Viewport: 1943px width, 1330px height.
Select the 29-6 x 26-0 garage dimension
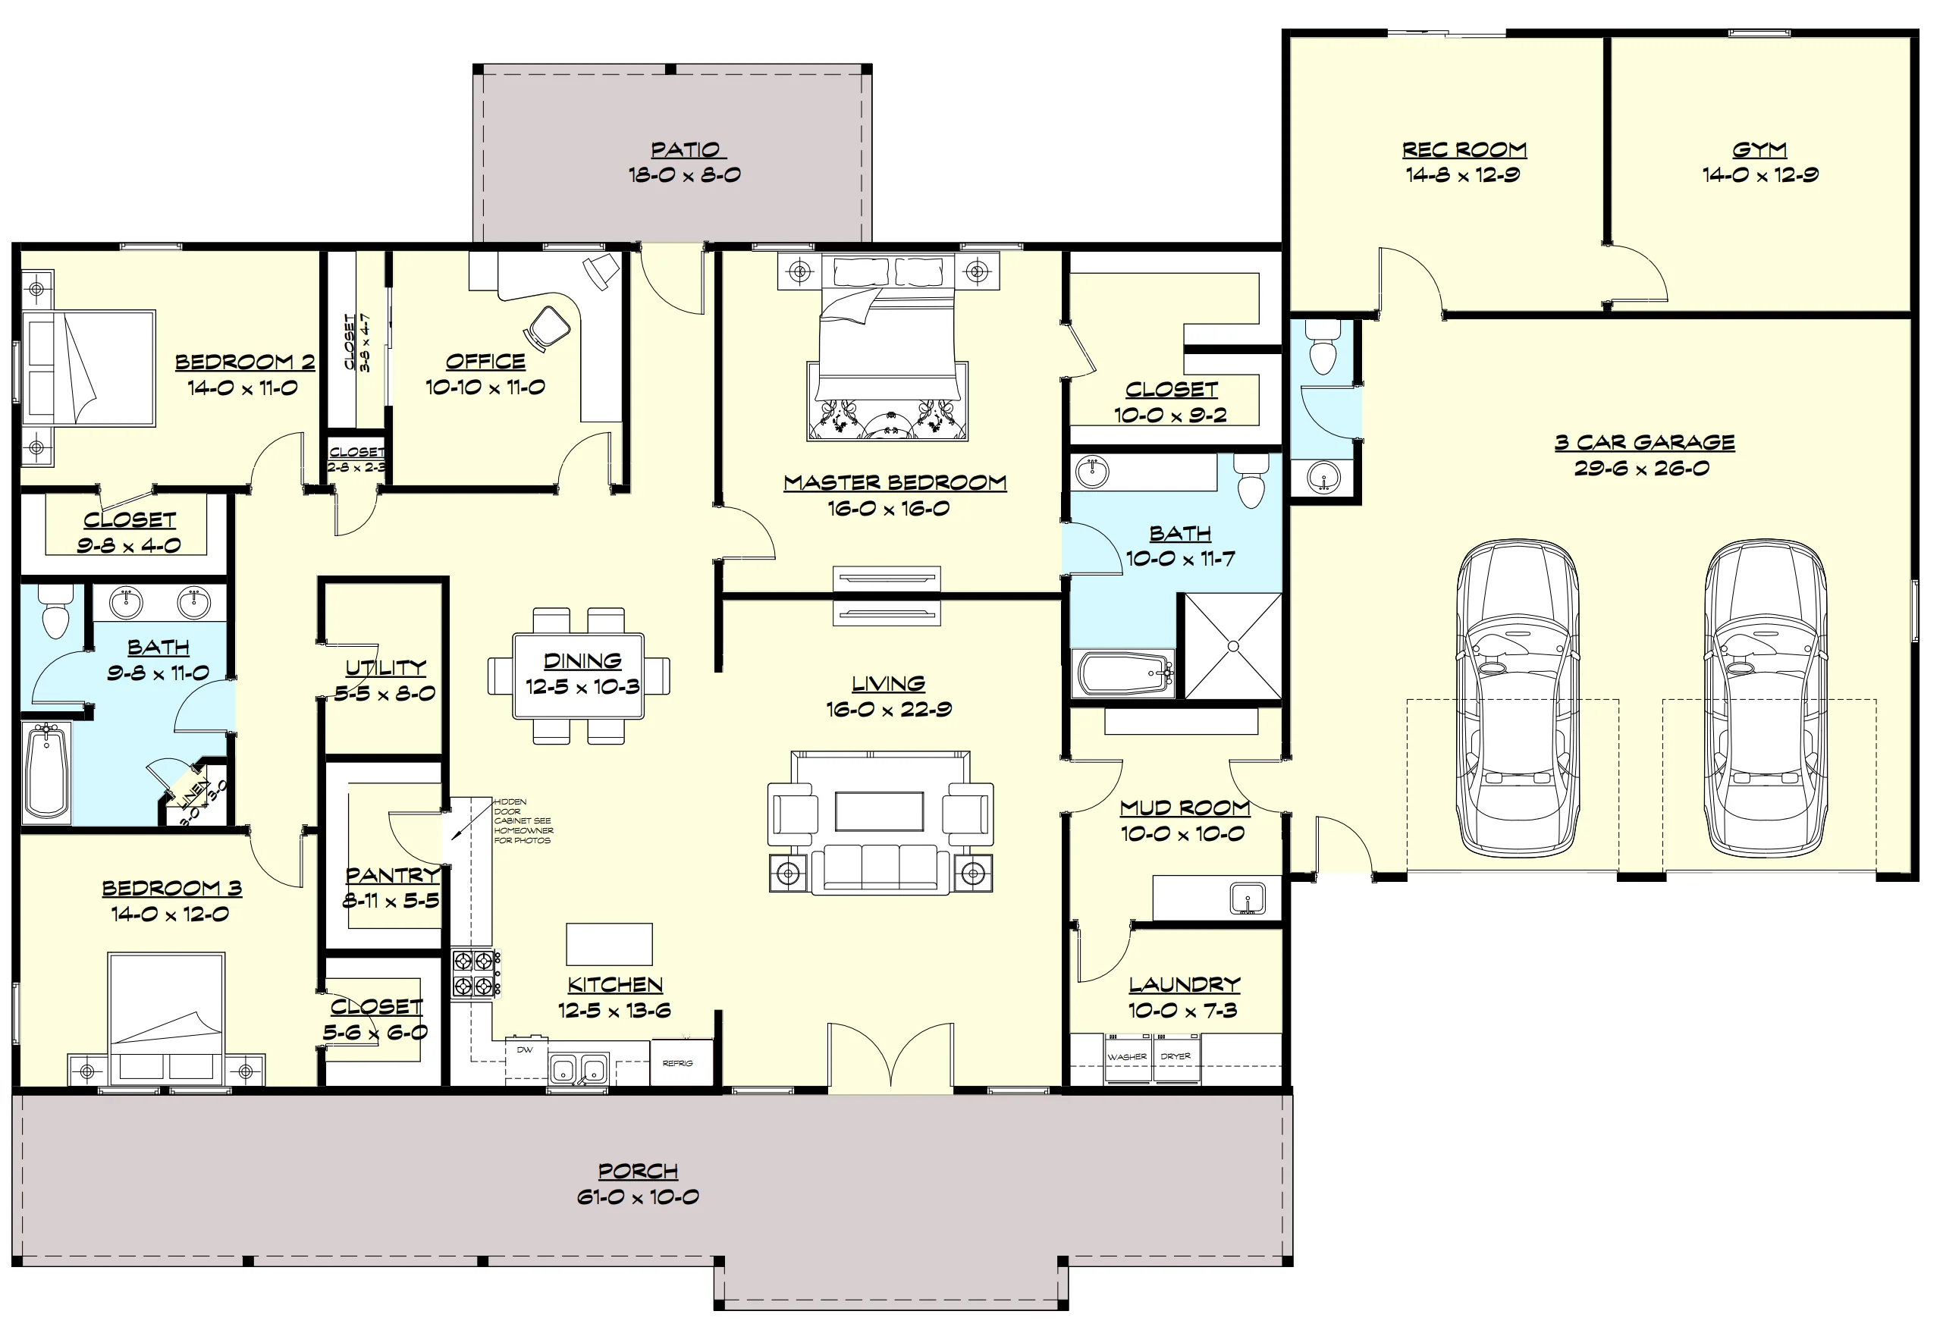(x=1642, y=468)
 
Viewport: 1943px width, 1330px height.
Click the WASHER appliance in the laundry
(x=1127, y=1059)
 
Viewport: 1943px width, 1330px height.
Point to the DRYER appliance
(x=1176, y=1059)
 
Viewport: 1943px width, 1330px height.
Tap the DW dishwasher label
(x=524, y=1050)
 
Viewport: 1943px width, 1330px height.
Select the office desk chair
(x=549, y=326)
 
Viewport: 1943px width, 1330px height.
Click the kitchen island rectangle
(x=610, y=944)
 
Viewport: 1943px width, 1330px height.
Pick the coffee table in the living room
(x=879, y=811)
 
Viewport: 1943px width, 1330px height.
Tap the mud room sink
(x=1248, y=899)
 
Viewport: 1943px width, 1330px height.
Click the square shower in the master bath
(x=1233, y=645)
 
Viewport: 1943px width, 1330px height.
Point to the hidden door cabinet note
(x=523, y=821)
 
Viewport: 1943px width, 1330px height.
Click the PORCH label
(x=638, y=1172)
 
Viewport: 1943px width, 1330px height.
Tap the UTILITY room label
(x=385, y=667)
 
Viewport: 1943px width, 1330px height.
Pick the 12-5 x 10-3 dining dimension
(x=582, y=687)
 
